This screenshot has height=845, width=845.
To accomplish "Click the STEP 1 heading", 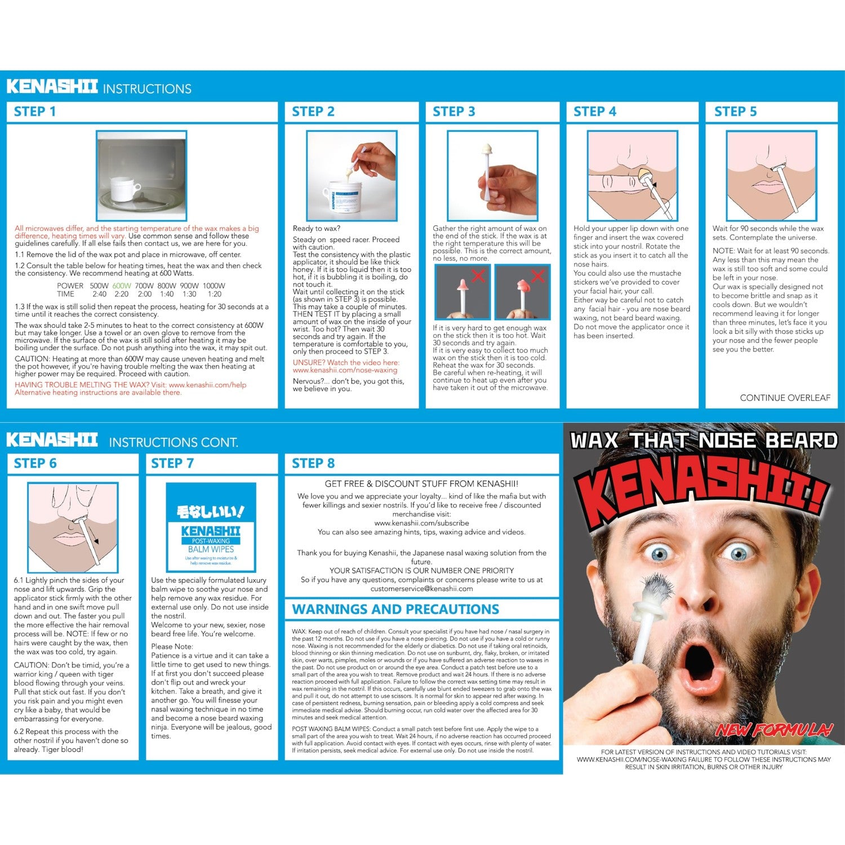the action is pyautogui.click(x=35, y=112).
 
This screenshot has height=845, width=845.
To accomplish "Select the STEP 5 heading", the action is pyautogui.click(x=736, y=112).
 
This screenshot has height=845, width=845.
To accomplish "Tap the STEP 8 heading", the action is pyautogui.click(x=313, y=464).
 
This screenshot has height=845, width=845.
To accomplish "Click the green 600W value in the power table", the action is pyautogui.click(x=121, y=286).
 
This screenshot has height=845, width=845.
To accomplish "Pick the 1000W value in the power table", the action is pyautogui.click(x=214, y=286).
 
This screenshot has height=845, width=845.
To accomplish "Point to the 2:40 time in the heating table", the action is pyautogui.click(x=99, y=294).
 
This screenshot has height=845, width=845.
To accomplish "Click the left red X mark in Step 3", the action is pyautogui.click(x=478, y=275).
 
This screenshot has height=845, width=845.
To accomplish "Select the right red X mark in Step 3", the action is pyautogui.click(x=538, y=275).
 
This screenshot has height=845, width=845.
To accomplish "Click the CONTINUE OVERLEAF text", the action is pyautogui.click(x=785, y=398).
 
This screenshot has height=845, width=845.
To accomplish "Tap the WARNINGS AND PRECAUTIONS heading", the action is pyautogui.click(x=395, y=610).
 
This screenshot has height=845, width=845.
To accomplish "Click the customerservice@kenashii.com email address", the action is pyautogui.click(x=421, y=589).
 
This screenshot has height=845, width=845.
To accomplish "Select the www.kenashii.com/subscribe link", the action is pyautogui.click(x=421, y=523).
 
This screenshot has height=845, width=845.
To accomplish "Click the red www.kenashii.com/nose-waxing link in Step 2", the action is pyautogui.click(x=345, y=370).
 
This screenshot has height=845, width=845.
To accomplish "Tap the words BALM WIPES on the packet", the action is pyautogui.click(x=211, y=549).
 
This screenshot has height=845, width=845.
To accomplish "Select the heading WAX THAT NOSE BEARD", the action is pyautogui.click(x=704, y=441).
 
